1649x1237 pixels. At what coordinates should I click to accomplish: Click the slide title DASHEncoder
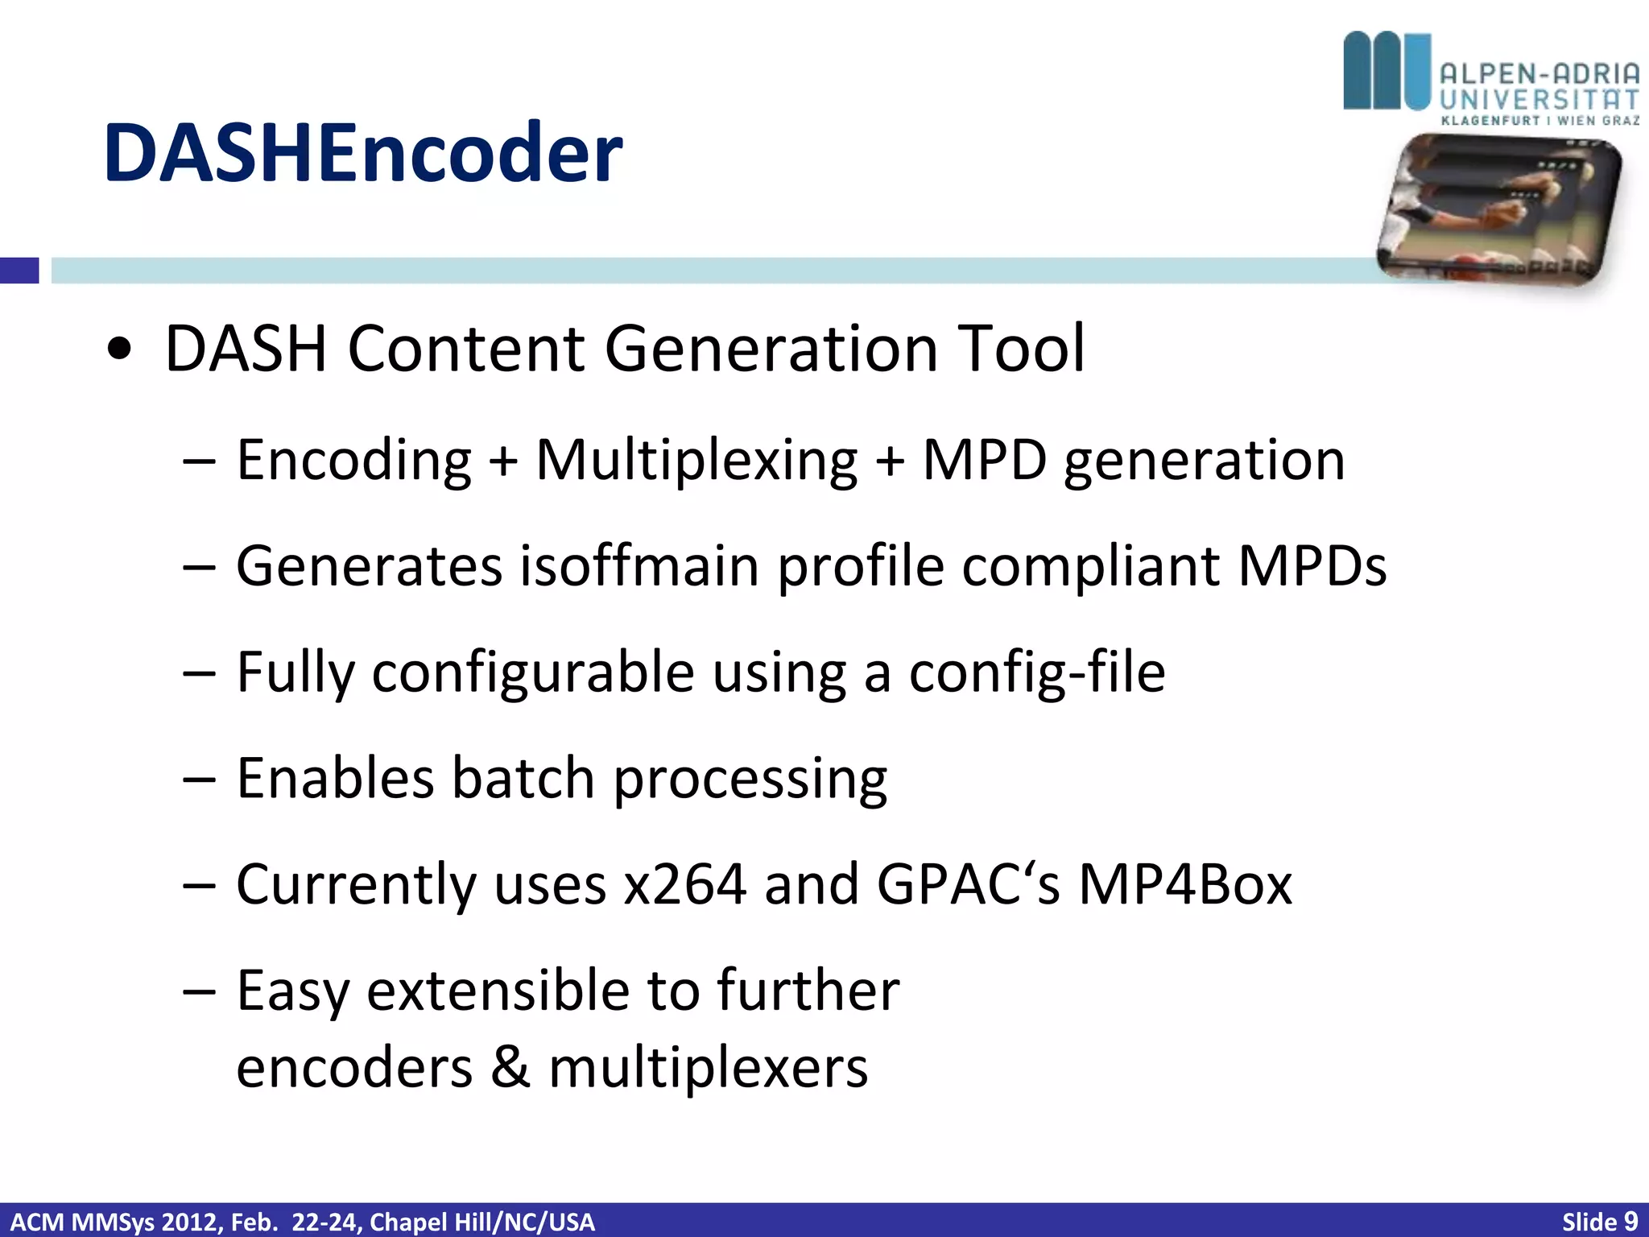click(x=362, y=153)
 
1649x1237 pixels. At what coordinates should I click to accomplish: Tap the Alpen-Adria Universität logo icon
click(x=1387, y=71)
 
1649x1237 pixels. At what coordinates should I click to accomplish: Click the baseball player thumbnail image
click(x=1498, y=211)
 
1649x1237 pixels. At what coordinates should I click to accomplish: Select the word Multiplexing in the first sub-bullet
click(x=696, y=461)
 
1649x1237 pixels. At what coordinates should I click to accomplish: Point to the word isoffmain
click(x=639, y=566)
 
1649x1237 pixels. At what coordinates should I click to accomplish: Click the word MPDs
click(x=1312, y=566)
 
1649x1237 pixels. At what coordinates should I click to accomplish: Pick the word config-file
click(x=1036, y=672)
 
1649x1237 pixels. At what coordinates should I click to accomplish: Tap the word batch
click(x=523, y=779)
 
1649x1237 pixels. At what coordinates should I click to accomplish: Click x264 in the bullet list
click(x=685, y=885)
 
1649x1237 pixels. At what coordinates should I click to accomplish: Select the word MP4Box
click(x=1184, y=885)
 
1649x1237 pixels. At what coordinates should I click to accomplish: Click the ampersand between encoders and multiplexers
click(x=510, y=1068)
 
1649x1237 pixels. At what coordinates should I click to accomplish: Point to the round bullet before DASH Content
click(x=119, y=350)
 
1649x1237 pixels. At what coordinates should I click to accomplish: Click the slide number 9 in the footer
click(x=1630, y=1222)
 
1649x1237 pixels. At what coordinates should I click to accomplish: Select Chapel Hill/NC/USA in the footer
click(x=481, y=1222)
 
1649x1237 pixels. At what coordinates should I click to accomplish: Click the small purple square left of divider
click(x=19, y=270)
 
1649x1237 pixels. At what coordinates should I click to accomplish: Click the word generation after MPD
click(x=1204, y=461)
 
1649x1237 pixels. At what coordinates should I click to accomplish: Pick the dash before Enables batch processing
click(x=199, y=780)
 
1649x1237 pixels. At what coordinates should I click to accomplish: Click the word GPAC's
click(x=967, y=885)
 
